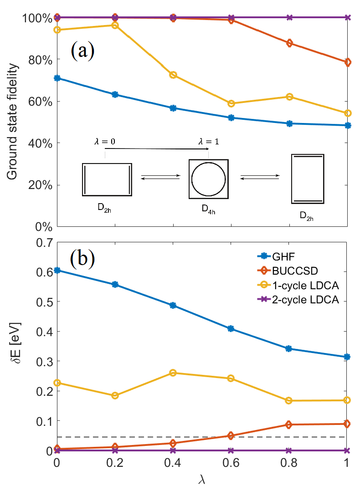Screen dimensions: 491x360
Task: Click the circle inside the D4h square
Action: (208, 179)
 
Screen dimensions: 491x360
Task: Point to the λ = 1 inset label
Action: (208, 142)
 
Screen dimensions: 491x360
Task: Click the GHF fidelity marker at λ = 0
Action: (57, 78)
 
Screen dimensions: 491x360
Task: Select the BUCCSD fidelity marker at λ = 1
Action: (347, 62)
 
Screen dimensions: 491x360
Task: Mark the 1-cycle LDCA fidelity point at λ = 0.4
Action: (173, 75)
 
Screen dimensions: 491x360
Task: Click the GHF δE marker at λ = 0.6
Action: (231, 328)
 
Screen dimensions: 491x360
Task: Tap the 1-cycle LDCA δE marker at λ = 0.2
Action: (115, 395)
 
